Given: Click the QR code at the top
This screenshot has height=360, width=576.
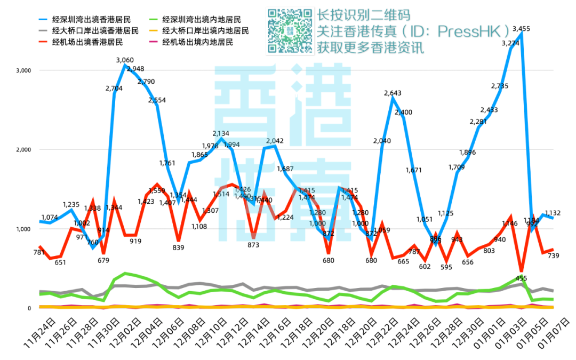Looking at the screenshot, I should (290, 31).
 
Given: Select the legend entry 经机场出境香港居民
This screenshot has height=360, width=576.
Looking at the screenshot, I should (87, 42).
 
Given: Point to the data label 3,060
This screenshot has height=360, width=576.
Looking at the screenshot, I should (125, 60).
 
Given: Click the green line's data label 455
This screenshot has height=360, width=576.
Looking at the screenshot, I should (521, 278).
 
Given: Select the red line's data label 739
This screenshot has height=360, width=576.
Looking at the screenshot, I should (553, 256).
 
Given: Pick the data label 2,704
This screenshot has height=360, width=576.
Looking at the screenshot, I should (114, 89).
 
